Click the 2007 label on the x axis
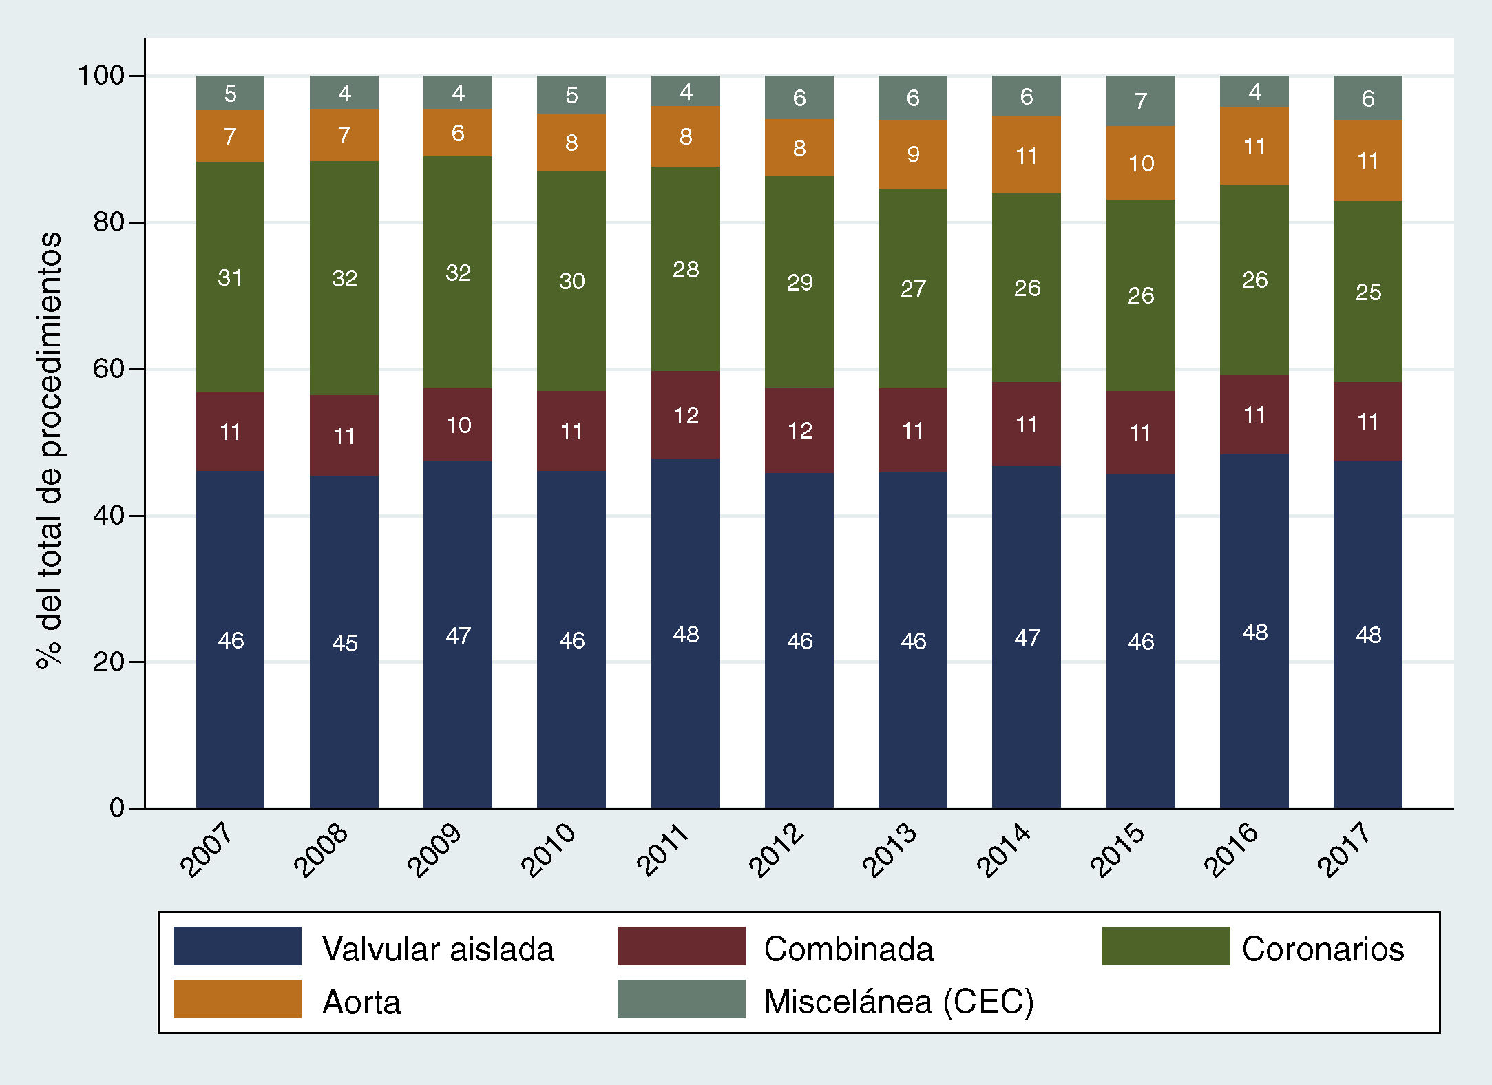207,850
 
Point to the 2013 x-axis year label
890,850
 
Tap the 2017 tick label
1344,850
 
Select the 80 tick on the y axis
109,222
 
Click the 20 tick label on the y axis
109,662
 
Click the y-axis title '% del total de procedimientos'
50,451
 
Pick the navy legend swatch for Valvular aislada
237,946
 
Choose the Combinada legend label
848,949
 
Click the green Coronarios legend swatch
1166,946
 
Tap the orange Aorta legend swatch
237,999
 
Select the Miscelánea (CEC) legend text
899,1002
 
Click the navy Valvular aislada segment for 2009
458,688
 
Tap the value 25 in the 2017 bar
1368,292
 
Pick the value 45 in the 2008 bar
344,643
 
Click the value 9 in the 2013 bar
913,154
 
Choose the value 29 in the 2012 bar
799,282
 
